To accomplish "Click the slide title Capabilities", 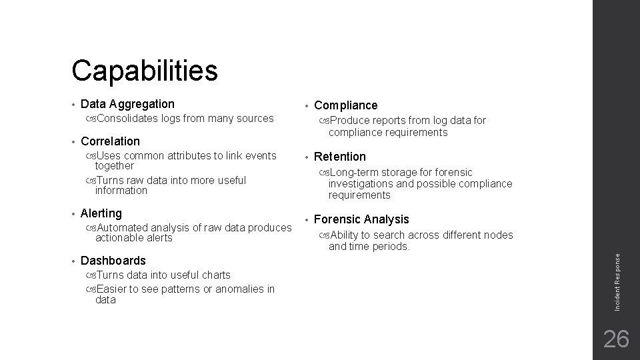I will coord(145,70).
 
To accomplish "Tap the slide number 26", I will coord(616,339).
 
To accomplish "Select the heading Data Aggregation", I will coord(127,104).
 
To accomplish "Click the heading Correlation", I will coord(110,141).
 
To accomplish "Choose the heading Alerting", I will coord(101,213).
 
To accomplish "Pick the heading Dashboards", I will coord(113,261).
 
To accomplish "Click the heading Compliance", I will coord(345,105).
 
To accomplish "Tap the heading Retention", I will coord(339,157).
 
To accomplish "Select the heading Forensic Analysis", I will coord(361,219).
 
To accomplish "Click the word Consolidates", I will coord(127,119).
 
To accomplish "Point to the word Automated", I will coord(121,227).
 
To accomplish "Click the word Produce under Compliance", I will coord(351,121).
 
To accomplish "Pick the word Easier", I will coord(111,289).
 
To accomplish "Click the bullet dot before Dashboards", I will coord(72,261).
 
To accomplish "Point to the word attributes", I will coord(188,156).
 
